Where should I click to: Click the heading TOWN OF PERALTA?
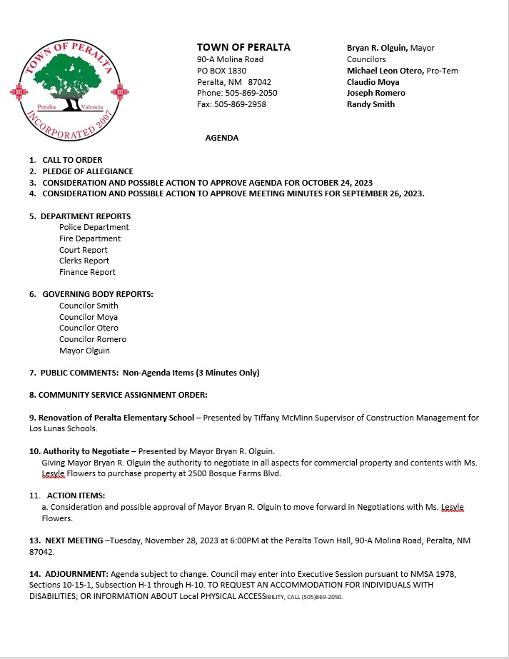[243, 47]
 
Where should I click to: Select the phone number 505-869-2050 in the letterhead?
[248, 93]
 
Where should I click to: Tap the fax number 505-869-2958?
[241, 104]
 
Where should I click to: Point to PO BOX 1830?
[221, 71]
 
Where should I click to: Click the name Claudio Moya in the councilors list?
[373, 82]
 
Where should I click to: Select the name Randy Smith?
[371, 104]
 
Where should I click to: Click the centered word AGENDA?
[222, 138]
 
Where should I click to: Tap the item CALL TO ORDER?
[72, 160]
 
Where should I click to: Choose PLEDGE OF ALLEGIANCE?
[88, 171]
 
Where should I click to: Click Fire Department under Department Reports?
[90, 238]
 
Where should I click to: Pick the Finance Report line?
[87, 272]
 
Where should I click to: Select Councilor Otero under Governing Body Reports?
[89, 328]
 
